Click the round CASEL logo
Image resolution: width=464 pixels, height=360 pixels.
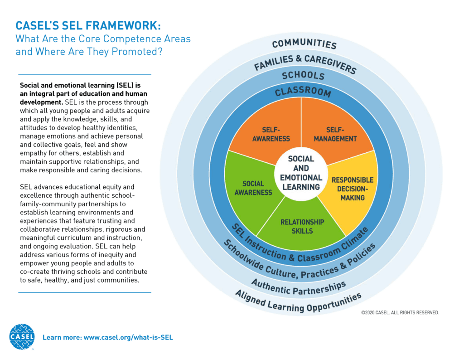tap(22, 336)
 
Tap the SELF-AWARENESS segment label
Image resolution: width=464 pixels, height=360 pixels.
tap(271, 134)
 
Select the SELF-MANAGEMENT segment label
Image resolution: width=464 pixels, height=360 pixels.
tap(335, 134)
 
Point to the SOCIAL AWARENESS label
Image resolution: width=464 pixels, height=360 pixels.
tap(253, 188)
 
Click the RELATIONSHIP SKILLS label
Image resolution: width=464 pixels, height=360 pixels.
tap(302, 227)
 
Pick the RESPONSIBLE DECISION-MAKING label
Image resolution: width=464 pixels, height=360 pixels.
tap(353, 189)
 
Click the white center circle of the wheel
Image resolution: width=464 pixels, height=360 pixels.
tap(301, 173)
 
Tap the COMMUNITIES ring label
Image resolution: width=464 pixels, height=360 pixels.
tap(304, 44)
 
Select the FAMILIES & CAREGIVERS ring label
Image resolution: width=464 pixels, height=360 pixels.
tap(305, 63)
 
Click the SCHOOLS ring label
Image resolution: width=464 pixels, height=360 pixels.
tap(303, 76)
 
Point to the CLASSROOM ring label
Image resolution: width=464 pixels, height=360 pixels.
tap(303, 92)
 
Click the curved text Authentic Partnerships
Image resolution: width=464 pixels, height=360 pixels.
tap(299, 288)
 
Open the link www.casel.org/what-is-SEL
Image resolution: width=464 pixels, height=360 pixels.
tap(128, 337)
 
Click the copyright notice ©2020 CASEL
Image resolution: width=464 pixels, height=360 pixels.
tap(400, 313)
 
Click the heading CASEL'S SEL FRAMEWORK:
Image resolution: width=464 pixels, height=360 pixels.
tap(88, 26)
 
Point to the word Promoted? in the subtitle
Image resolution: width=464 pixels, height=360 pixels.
tap(137, 52)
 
